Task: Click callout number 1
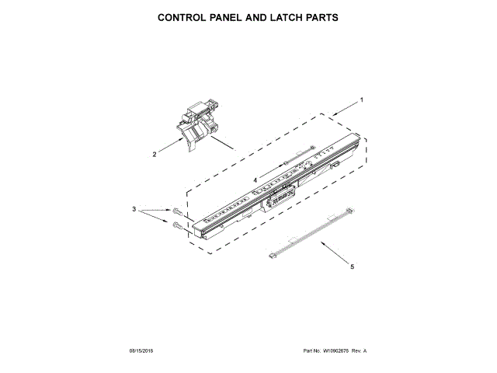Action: click(360, 100)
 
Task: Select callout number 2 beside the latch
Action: click(154, 154)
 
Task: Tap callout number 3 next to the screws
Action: click(134, 210)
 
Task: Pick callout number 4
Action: click(254, 180)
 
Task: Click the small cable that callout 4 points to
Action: click(298, 156)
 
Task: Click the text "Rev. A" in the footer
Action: click(359, 351)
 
